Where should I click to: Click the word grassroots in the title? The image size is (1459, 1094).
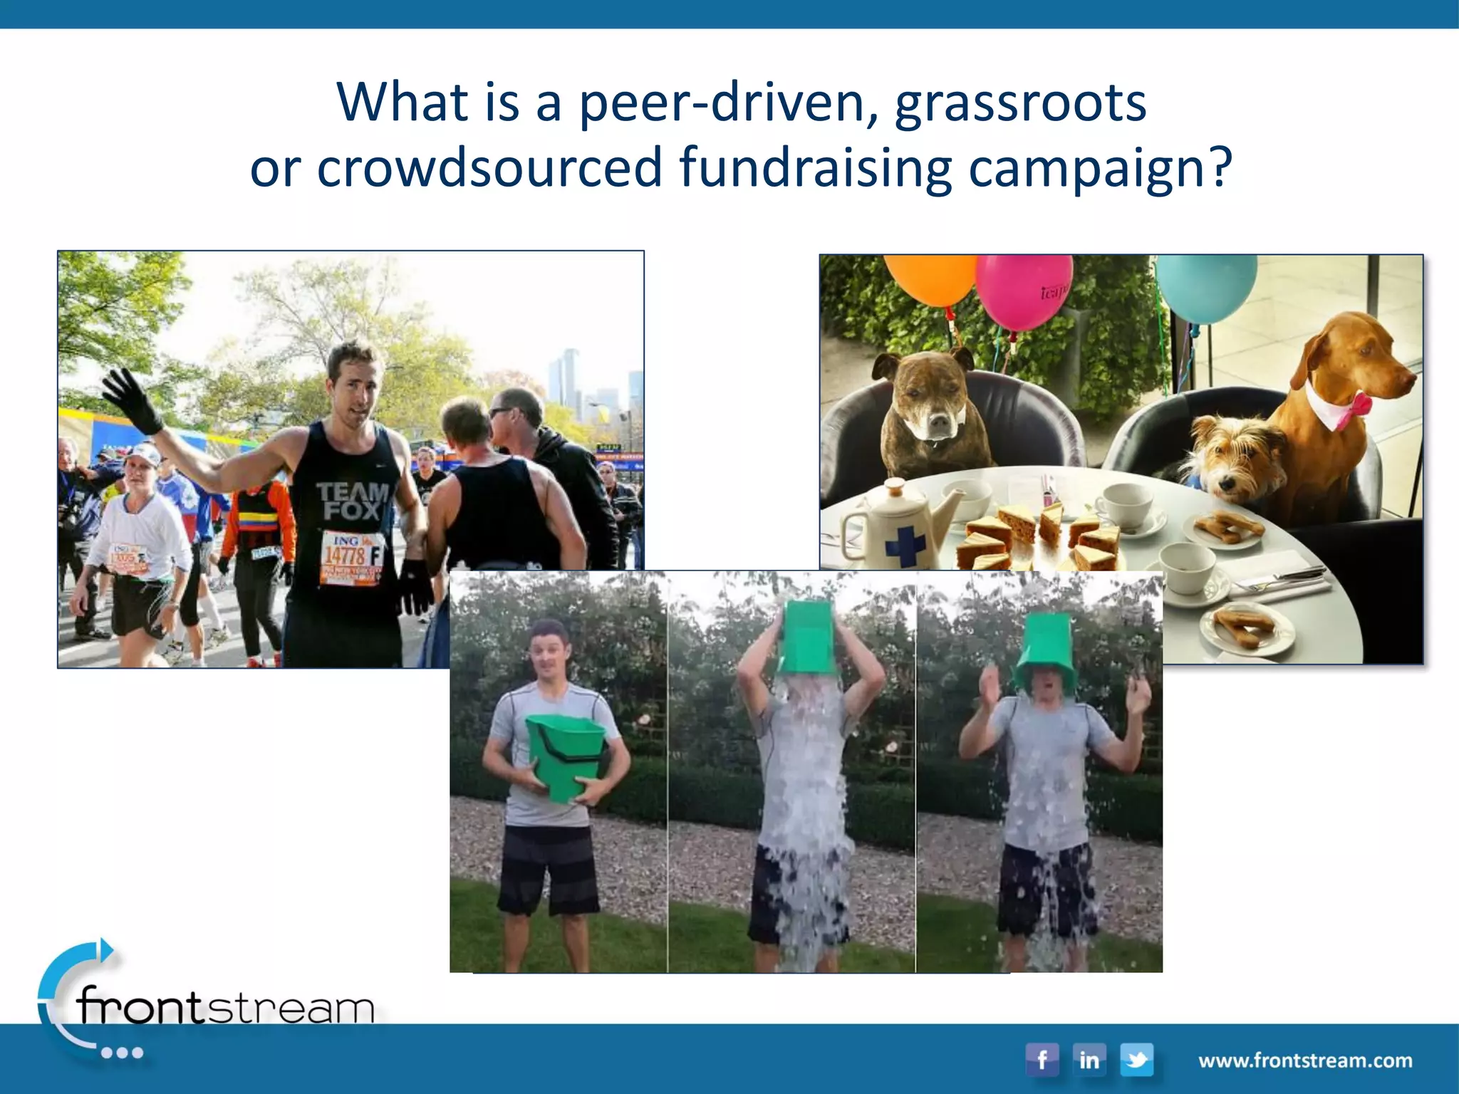[x=1020, y=103]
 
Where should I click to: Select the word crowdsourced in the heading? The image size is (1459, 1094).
[x=489, y=167]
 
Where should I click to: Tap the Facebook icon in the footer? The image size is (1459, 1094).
[x=1042, y=1059]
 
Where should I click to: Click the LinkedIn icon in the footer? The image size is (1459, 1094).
[x=1089, y=1059]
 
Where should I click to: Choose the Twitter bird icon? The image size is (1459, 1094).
[x=1136, y=1059]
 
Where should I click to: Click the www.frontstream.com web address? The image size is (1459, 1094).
[x=1305, y=1061]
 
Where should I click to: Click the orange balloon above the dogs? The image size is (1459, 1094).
[x=930, y=279]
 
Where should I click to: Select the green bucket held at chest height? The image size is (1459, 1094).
[x=566, y=756]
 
